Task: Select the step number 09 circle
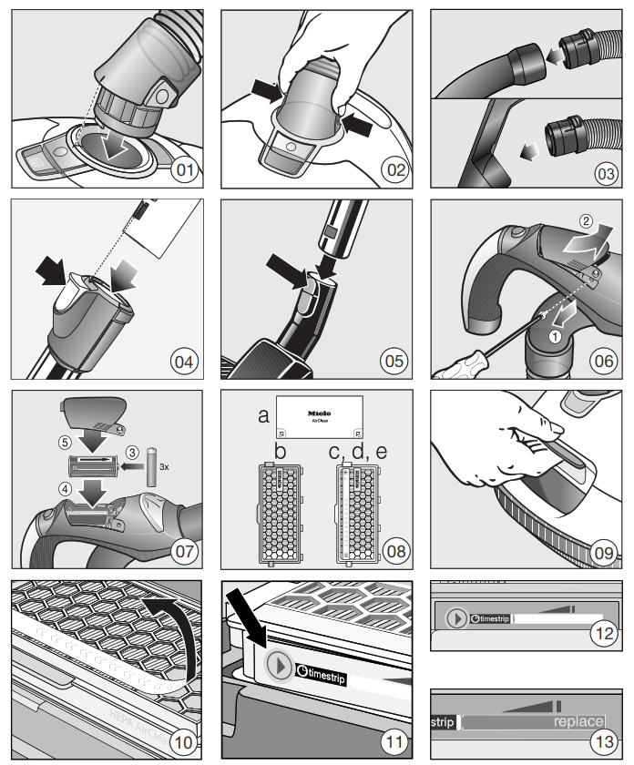603,551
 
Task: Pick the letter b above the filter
280,451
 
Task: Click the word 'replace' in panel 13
579,722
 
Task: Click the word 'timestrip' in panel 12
491,619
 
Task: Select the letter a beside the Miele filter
264,416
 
